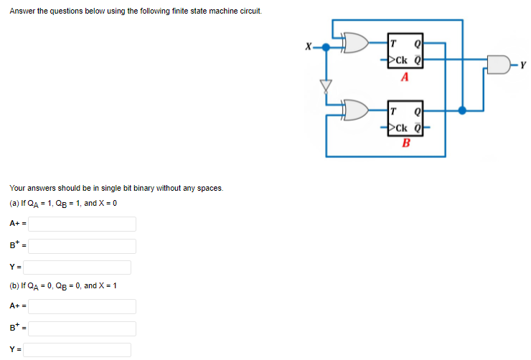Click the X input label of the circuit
pos(308,47)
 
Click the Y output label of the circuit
pos(525,66)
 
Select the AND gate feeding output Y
pos(498,66)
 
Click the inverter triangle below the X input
pos(326,85)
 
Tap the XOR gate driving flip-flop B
pos(356,110)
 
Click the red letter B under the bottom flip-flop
pos(406,142)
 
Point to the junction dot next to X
pos(326,47)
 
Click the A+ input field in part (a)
pos(83,224)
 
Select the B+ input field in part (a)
pos(83,246)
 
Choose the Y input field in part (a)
pos(80,267)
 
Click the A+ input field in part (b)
pos(83,306)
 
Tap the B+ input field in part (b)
pos(83,328)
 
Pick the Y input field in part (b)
pos(80,350)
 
